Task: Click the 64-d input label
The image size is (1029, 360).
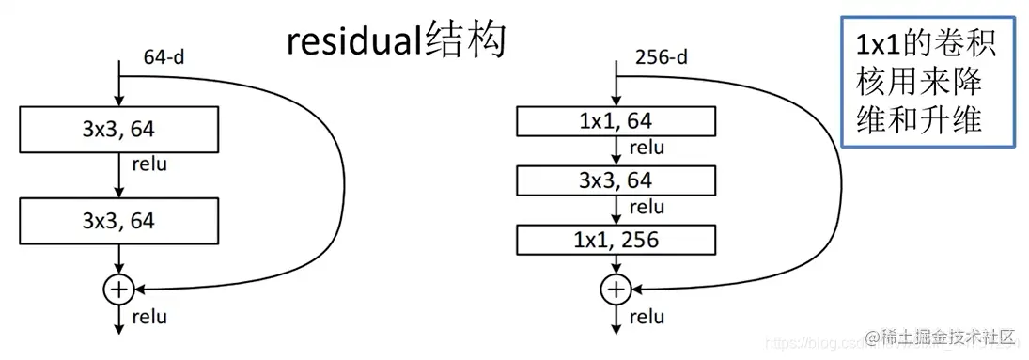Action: [164, 58]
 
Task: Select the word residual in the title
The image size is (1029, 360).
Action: [353, 41]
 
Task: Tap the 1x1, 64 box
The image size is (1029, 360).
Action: [616, 120]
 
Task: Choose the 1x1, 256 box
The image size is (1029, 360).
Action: [616, 240]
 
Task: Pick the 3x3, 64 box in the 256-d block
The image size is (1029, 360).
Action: [616, 180]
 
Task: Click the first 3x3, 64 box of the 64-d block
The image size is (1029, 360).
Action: [117, 129]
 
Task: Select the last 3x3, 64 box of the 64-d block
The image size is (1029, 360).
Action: [117, 222]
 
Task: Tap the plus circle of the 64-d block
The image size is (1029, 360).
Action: [117, 290]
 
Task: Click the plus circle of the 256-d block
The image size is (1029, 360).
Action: [616, 289]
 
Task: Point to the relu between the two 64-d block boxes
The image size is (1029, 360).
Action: [149, 165]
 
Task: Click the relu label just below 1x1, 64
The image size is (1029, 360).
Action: [647, 148]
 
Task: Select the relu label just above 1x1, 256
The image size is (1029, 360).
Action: [647, 208]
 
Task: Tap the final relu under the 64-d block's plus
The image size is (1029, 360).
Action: [149, 317]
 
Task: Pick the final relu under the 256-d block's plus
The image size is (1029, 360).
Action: [647, 317]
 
